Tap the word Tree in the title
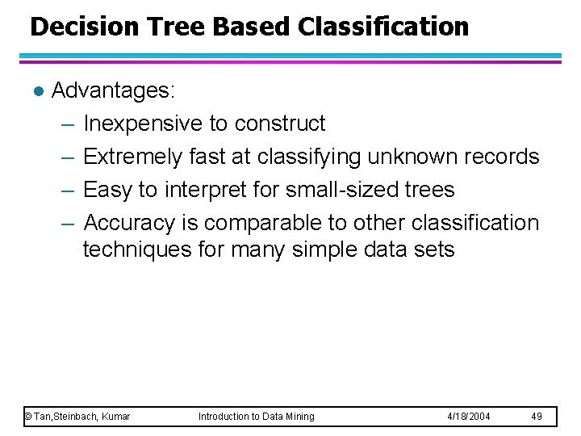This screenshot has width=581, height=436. (162, 27)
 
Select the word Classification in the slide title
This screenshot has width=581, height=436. (382, 27)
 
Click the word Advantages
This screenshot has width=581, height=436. (112, 90)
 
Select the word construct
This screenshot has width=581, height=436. (280, 124)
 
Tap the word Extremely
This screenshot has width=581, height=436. (133, 157)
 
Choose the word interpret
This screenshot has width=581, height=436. (204, 190)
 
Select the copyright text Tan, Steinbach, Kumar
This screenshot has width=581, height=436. (77, 417)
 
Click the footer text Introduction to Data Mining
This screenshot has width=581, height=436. (257, 417)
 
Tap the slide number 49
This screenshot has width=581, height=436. (537, 417)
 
